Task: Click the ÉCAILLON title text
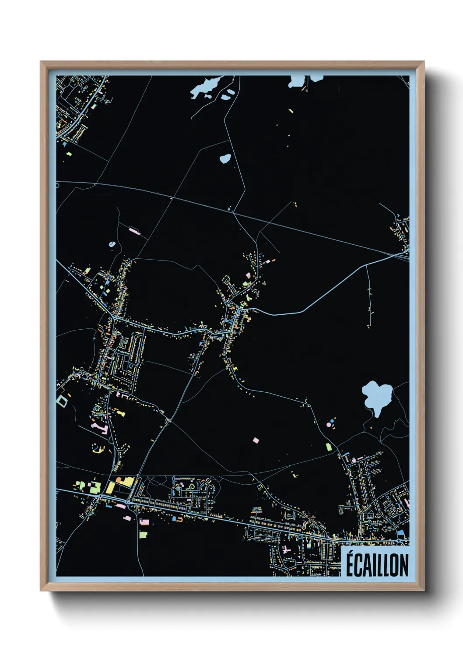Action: pyautogui.click(x=377, y=565)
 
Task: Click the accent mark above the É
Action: pyautogui.click(x=351, y=553)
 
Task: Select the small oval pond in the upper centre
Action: pyautogui.click(x=225, y=158)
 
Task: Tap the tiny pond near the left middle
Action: pyautogui.click(x=112, y=244)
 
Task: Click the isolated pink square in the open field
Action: pyautogui.click(x=256, y=440)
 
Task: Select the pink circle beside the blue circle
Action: pyautogui.click(x=329, y=424)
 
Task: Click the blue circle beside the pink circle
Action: pyautogui.click(x=334, y=420)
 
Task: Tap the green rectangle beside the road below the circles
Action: pyautogui.click(x=328, y=447)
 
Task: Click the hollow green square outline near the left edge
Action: pyautogui.click(x=62, y=400)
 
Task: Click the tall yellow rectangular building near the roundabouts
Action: pyautogui.click(x=110, y=487)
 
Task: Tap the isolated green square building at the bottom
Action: pyautogui.click(x=143, y=535)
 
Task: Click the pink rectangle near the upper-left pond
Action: pyautogui.click(x=134, y=231)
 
